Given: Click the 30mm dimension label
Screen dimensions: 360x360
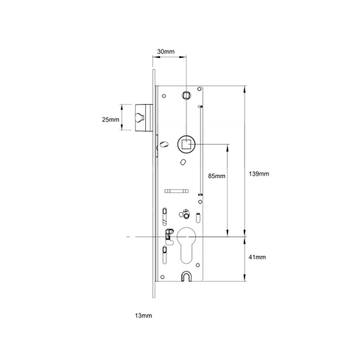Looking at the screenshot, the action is (x=165, y=51).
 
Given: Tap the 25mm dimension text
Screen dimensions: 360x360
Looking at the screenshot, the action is (x=111, y=120).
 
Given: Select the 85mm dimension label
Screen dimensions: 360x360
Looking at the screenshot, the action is (x=217, y=176).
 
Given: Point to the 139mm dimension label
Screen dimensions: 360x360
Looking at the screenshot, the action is (x=259, y=174).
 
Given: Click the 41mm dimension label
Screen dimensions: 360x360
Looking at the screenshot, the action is (x=257, y=257).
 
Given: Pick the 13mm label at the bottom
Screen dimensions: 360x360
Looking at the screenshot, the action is (x=143, y=315).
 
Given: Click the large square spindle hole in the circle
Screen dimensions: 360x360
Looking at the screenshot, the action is (x=186, y=145).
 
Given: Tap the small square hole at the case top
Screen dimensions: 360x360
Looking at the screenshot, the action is (x=186, y=95).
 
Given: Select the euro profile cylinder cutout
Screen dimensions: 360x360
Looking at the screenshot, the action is (x=186, y=245).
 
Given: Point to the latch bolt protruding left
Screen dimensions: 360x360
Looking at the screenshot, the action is (x=144, y=118).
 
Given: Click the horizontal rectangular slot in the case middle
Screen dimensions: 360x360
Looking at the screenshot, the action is (x=176, y=191).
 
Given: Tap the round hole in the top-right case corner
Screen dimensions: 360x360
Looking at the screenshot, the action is (x=199, y=88).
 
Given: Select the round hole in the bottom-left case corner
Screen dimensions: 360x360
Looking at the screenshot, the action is (x=163, y=277).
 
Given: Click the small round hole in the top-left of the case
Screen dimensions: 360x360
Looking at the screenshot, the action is (x=164, y=96).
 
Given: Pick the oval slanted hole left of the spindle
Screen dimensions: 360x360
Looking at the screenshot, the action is (x=164, y=144).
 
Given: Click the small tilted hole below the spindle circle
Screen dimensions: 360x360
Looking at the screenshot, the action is (x=183, y=162).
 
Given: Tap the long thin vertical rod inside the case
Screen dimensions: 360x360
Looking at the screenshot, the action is (x=201, y=151).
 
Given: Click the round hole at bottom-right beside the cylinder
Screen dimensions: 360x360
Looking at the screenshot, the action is (x=198, y=265).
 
